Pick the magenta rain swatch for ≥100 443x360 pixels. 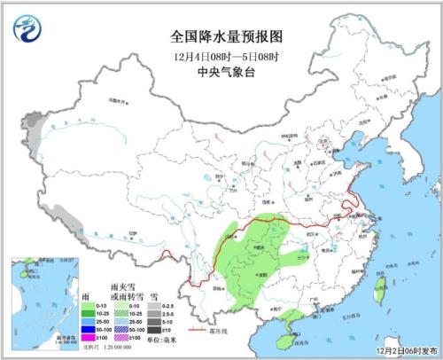tap(91, 338)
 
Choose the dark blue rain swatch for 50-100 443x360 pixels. tap(91, 328)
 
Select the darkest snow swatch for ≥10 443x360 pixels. tap(153, 328)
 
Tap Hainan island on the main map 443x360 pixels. tap(280, 329)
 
